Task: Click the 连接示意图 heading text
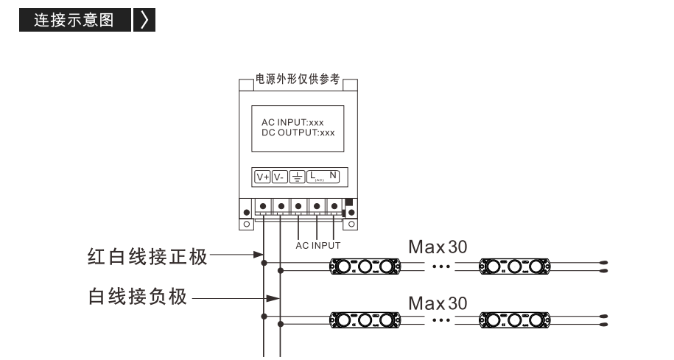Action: point(74,20)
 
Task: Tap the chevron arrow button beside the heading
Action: point(144,20)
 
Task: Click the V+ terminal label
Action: point(262,177)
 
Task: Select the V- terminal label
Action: point(279,177)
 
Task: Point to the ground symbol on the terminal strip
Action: point(297,177)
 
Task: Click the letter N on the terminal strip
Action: point(333,175)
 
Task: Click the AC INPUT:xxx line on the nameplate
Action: point(292,122)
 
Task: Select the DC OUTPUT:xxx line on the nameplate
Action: point(298,133)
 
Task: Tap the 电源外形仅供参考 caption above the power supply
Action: point(298,79)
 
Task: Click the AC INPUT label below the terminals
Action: point(318,246)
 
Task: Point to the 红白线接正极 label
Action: point(147,257)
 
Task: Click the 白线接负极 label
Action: point(138,297)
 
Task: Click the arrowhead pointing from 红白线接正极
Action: point(259,255)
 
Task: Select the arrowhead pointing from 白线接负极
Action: point(273,298)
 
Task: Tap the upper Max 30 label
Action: point(438,247)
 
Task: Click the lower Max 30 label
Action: point(438,303)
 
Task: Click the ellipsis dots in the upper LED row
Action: point(441,267)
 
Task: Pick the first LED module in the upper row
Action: point(365,267)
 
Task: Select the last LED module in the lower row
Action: point(515,320)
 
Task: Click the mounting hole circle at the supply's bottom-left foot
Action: point(246,224)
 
